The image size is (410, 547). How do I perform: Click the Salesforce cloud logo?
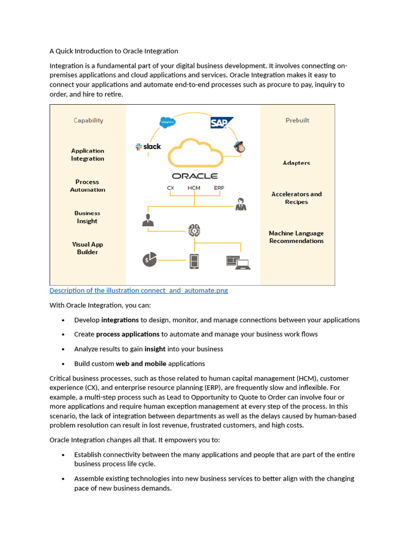pyautogui.click(x=168, y=122)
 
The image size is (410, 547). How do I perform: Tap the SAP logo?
pyautogui.click(x=221, y=123)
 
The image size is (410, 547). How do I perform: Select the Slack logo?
pyautogui.click(x=148, y=146)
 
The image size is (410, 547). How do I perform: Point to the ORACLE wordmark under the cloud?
pyautogui.click(x=194, y=176)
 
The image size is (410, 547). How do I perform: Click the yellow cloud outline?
pyautogui.click(x=195, y=153)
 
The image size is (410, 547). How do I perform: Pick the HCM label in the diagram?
pyautogui.click(x=194, y=188)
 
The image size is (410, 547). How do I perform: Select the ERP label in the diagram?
pyautogui.click(x=219, y=188)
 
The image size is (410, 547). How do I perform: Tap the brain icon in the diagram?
pyautogui.click(x=194, y=230)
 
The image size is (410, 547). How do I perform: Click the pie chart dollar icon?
pyautogui.click(x=149, y=260)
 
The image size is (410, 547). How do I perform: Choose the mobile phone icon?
pyautogui.click(x=194, y=261)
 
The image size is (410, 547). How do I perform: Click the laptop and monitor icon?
pyautogui.click(x=238, y=261)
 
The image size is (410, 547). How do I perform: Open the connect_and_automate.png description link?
pyautogui.click(x=138, y=291)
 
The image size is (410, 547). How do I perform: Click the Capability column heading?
pyautogui.click(x=88, y=121)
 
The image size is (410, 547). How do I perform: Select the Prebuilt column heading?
pyautogui.click(x=297, y=121)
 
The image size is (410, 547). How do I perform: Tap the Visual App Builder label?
pyautogui.click(x=88, y=248)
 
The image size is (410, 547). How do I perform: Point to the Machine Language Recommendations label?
pyautogui.click(x=296, y=237)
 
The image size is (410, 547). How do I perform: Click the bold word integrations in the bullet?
pyautogui.click(x=120, y=320)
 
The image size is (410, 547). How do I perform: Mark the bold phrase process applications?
pyautogui.click(x=128, y=334)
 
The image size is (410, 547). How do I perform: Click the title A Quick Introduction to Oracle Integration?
pyautogui.click(x=114, y=51)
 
